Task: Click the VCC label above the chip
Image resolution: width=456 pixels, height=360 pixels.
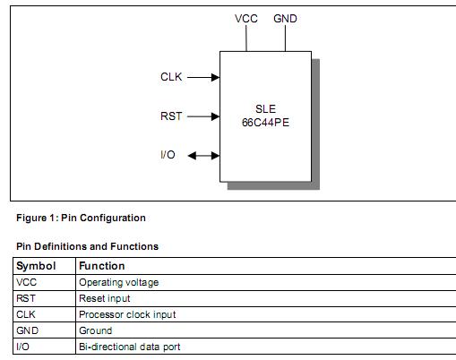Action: [245, 19]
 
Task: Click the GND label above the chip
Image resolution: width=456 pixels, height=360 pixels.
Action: [286, 19]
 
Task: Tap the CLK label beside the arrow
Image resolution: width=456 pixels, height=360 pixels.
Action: [171, 77]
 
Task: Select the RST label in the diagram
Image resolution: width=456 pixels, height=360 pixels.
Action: [172, 116]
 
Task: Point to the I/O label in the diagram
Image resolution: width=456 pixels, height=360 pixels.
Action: [168, 155]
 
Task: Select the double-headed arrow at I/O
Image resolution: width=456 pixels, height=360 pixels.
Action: [203, 156]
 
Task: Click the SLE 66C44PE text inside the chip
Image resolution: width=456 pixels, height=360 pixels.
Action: [265, 116]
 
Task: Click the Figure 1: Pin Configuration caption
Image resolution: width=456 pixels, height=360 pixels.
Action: [81, 218]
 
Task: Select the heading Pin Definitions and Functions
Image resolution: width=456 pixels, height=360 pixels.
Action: [88, 246]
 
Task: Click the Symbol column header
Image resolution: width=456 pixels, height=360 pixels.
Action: [36, 266]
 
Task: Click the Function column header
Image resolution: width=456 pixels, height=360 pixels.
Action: [102, 266]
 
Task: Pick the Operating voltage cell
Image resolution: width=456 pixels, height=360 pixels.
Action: [118, 282]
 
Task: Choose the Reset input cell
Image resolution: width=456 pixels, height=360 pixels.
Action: [104, 298]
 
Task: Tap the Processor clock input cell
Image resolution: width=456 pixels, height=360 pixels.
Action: [127, 314]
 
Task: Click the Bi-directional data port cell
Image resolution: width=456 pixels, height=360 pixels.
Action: [130, 347]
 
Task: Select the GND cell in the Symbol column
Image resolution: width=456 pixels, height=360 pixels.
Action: [27, 330]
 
